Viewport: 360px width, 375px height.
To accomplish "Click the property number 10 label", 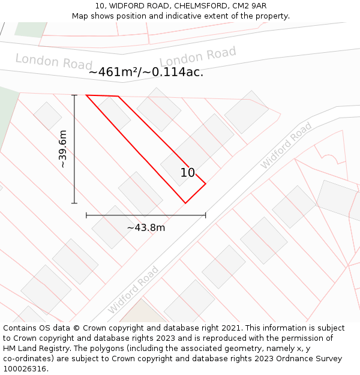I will pos(188,173).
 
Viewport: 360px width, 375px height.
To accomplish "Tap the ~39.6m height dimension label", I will pos(62,149).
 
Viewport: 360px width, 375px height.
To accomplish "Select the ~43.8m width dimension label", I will pos(146,227).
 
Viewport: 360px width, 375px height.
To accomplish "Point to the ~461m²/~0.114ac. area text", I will pos(146,73).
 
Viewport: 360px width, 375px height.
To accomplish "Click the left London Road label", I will pos(53,61).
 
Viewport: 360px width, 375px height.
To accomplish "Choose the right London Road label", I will pos(198,57).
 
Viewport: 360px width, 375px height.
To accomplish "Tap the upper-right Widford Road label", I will pos(286,145).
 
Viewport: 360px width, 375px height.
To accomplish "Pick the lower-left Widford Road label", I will pos(133,290).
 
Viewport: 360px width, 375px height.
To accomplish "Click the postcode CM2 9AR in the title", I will pos(250,6).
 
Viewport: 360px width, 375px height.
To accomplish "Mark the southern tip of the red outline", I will pos(185,203).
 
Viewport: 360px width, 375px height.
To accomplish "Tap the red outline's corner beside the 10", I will pos(206,184).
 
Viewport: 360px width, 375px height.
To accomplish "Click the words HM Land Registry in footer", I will pos(35,349).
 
